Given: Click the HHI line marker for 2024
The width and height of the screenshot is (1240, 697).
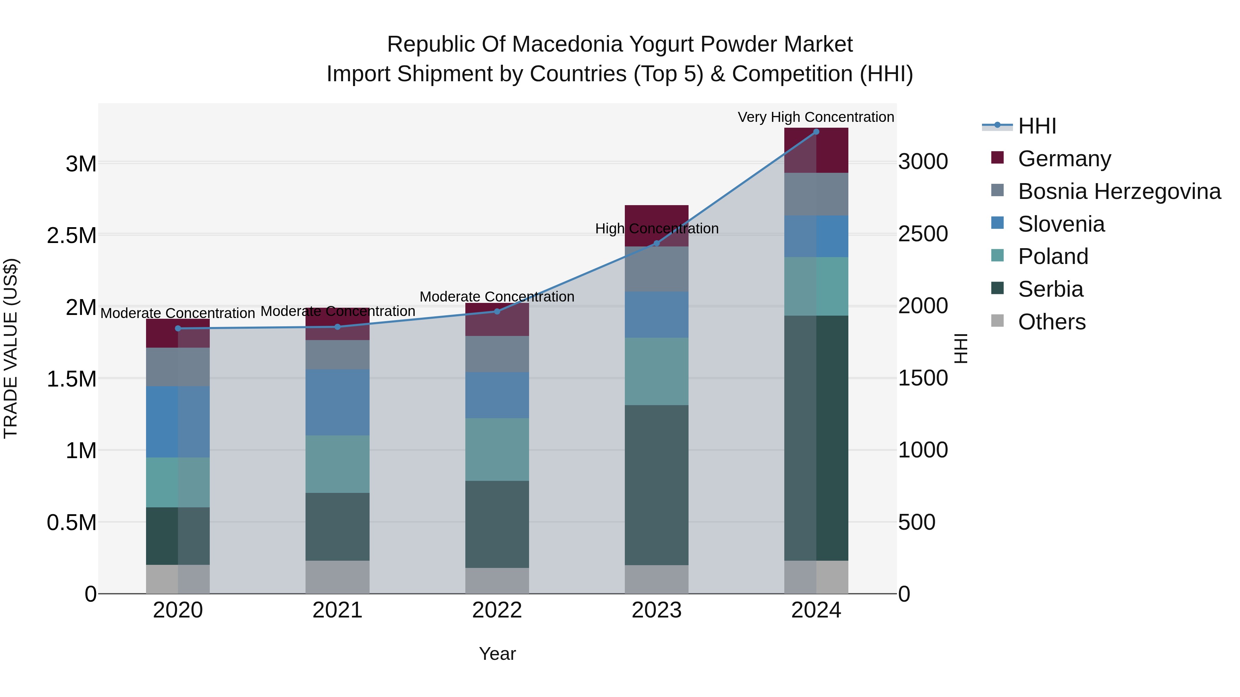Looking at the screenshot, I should point(816,131).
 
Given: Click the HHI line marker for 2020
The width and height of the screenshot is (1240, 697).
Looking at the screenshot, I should point(178,329).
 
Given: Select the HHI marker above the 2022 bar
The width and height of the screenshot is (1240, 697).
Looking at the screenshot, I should point(497,311).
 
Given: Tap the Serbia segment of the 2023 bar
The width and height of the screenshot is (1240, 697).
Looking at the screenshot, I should point(657,485).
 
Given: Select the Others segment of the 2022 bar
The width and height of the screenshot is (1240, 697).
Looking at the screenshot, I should point(497,581).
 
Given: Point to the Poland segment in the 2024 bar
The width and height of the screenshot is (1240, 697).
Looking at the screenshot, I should point(816,286).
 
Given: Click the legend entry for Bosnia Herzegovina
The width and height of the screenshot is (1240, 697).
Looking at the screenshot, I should point(1119,191).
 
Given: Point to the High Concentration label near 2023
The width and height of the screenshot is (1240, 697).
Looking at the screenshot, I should point(657,229).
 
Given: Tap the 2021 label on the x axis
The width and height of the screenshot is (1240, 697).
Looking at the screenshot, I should point(338,610).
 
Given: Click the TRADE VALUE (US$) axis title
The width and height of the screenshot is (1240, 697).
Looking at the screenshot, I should point(11,348).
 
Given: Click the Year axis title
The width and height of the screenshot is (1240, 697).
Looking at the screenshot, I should point(497,654).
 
